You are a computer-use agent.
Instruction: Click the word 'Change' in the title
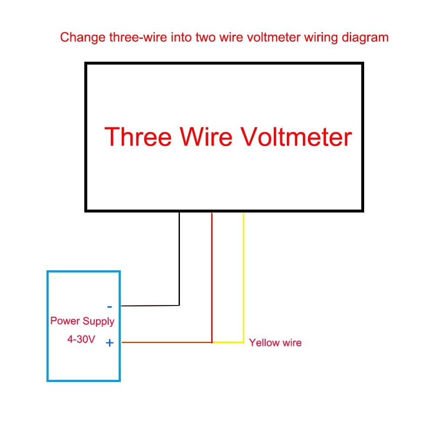(x=83, y=38)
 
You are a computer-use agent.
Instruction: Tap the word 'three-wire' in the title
(x=138, y=37)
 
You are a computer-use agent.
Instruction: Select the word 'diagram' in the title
(x=365, y=38)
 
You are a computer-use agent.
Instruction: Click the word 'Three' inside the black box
(x=138, y=136)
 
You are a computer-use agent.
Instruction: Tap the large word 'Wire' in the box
(x=206, y=136)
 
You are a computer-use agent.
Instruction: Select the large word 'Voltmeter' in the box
(x=296, y=136)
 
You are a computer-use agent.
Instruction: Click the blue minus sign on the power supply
(x=110, y=306)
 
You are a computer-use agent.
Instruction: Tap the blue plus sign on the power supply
(x=110, y=343)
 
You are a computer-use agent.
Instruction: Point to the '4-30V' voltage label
(x=81, y=339)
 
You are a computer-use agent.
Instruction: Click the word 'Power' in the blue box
(x=65, y=321)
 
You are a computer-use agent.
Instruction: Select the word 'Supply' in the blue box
(x=99, y=321)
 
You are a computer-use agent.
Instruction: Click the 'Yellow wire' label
(x=275, y=342)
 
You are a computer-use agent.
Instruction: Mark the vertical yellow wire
(x=244, y=277)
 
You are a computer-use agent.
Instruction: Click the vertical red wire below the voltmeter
(x=212, y=277)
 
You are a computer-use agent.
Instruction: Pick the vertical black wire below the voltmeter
(x=179, y=259)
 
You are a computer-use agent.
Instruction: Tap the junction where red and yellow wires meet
(x=212, y=342)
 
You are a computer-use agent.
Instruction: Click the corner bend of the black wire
(x=179, y=305)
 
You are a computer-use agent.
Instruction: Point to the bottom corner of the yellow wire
(x=244, y=342)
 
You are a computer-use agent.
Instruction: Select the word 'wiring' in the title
(x=321, y=38)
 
